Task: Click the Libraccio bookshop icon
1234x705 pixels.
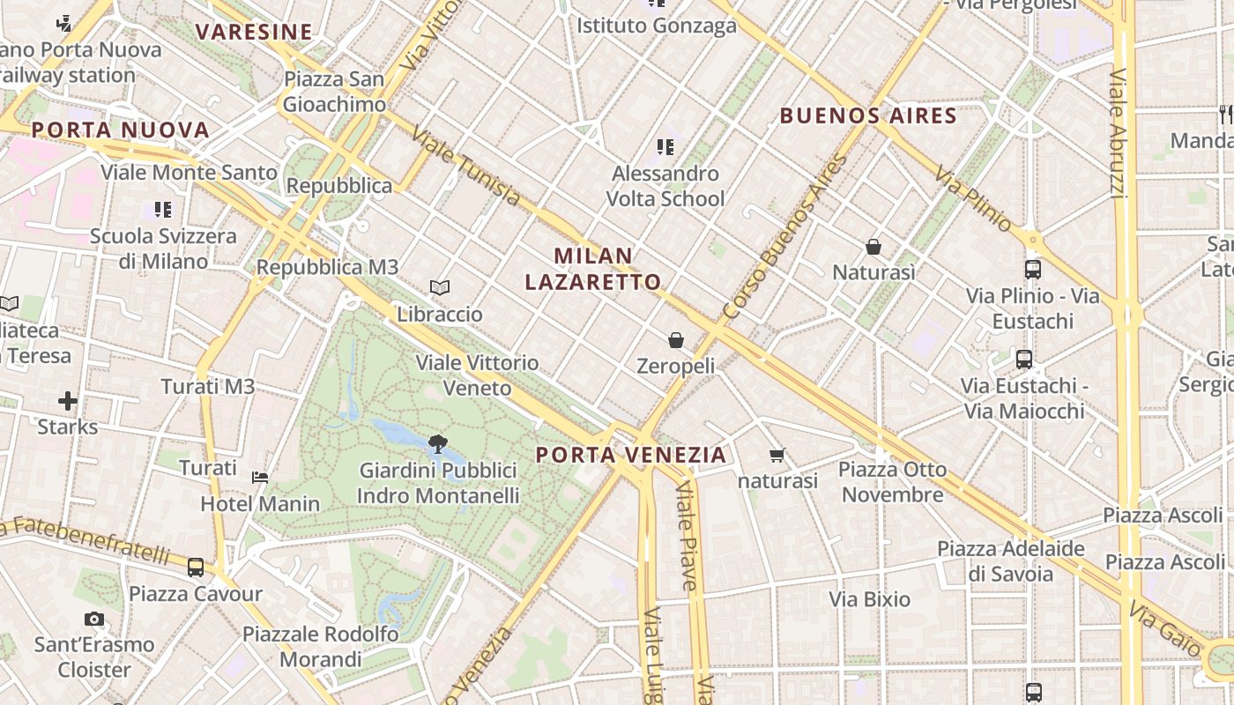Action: [x=440, y=287]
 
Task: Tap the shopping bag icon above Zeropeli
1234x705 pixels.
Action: [x=676, y=339]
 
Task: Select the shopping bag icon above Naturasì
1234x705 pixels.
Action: [x=873, y=247]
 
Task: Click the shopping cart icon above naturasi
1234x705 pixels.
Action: [x=777, y=455]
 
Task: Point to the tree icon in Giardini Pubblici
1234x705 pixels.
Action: [x=436, y=443]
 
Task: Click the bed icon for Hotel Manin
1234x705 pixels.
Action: [x=260, y=478]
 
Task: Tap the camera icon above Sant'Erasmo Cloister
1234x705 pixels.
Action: [x=94, y=619]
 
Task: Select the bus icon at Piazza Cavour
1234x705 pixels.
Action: [x=196, y=567]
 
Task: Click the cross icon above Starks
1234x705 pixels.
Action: [x=68, y=402]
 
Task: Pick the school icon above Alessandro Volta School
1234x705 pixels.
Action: [x=665, y=146]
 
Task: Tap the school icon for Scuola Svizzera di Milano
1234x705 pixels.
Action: [x=163, y=210]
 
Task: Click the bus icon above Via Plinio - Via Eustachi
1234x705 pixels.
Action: [x=1033, y=270]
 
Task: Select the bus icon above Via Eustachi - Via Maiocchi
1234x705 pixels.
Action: [x=1024, y=360]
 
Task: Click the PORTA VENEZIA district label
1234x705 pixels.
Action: [x=631, y=455]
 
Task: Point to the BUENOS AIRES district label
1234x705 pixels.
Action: [x=868, y=115]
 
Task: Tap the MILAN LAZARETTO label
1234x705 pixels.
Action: [x=592, y=269]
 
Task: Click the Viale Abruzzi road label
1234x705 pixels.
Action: [x=1119, y=132]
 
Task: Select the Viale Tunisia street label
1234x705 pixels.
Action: [x=466, y=167]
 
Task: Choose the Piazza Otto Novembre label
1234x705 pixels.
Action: [x=892, y=481]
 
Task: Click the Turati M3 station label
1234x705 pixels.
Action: [x=208, y=386]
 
